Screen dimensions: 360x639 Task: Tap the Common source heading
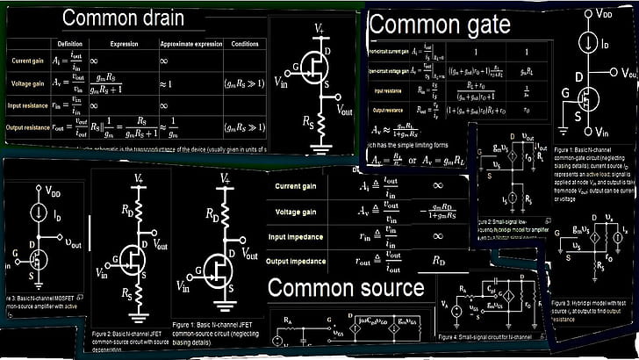(345, 287)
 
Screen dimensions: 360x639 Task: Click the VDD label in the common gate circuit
(604, 15)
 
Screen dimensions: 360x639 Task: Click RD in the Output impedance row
(436, 261)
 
